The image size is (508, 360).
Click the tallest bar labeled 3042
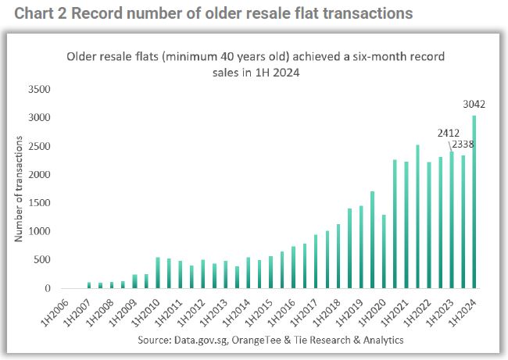(x=474, y=201)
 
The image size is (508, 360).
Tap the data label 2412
(x=449, y=133)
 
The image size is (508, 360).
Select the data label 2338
(x=463, y=144)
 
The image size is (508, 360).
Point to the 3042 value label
(x=474, y=104)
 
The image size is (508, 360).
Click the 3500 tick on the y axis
(x=39, y=89)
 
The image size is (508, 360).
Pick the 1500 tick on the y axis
(x=39, y=203)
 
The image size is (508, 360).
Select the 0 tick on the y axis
(x=48, y=288)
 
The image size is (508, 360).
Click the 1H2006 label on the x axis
(x=55, y=312)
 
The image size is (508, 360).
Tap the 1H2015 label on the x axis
(x=259, y=312)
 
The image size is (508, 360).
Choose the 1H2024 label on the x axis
(x=463, y=312)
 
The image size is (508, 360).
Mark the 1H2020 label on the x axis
(x=372, y=312)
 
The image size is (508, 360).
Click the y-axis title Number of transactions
(x=19, y=189)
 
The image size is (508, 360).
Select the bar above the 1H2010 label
(x=158, y=273)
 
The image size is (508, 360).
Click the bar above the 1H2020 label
(x=384, y=251)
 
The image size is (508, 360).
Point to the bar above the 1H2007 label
(x=89, y=285)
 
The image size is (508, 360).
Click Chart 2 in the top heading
(x=41, y=13)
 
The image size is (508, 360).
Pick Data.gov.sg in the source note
(x=201, y=340)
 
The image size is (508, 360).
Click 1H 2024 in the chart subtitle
(x=277, y=72)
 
